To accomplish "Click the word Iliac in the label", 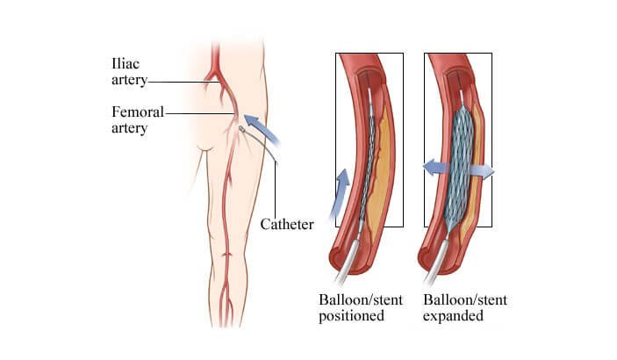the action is click(126, 64).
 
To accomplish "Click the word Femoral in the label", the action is click(137, 112).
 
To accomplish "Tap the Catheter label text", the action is click(287, 224).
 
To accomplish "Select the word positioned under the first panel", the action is click(351, 316).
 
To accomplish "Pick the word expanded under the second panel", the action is click(453, 316).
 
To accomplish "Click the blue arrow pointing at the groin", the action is click(262, 128).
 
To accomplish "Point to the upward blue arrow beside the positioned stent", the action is click(340, 193).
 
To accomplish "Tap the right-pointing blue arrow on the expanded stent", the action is click(481, 171).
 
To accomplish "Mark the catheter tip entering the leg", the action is click(242, 129).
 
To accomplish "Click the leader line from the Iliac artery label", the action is click(183, 82).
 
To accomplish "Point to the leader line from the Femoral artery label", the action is click(200, 113).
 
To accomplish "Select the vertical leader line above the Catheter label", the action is click(275, 190).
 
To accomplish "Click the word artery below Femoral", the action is click(130, 128).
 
